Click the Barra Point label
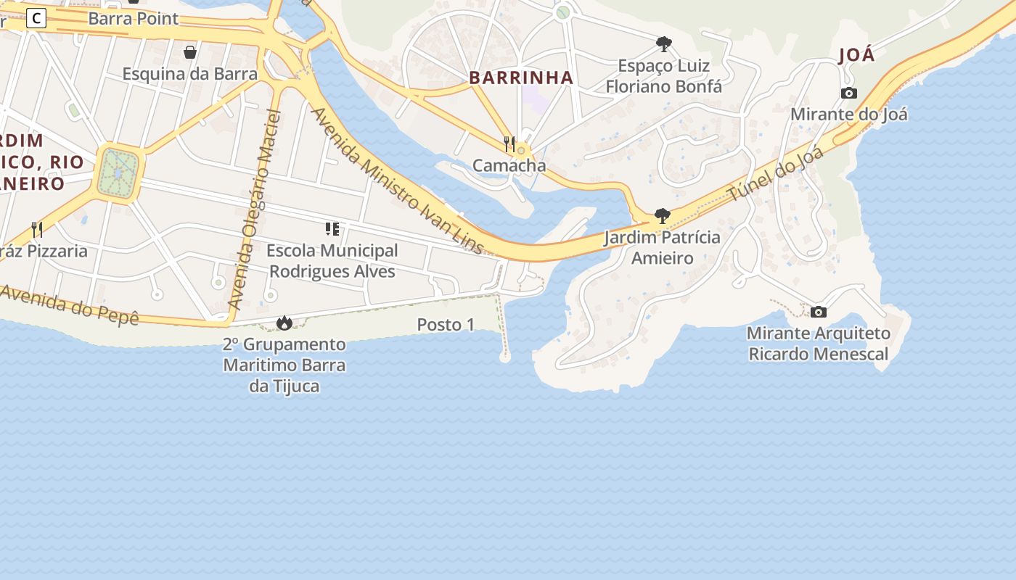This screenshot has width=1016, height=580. point(133,19)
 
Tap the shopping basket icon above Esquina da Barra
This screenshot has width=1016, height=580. point(190,52)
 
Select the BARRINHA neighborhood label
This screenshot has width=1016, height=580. point(521,78)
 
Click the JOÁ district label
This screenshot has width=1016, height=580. point(856,56)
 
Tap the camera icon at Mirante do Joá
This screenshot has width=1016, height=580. point(849,93)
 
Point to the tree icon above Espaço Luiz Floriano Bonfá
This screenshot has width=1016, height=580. point(663,44)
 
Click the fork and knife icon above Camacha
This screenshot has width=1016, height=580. point(509,144)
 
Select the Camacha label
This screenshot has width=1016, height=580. point(509,165)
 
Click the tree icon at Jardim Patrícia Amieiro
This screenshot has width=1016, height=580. point(662,216)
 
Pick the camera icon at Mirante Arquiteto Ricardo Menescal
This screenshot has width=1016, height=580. point(819,312)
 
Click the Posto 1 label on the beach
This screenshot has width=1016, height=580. point(446,325)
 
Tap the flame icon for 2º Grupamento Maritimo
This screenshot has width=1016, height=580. point(284,323)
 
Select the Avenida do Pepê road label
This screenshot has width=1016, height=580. point(69,304)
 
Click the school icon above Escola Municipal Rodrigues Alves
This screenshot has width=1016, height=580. point(332,230)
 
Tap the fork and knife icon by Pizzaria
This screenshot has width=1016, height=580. point(37,230)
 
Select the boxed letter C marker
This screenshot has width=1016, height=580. point(36,19)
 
